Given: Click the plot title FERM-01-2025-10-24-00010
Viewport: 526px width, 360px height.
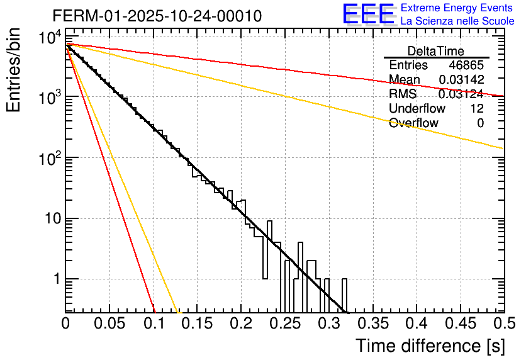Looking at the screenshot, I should pyautogui.click(x=157, y=16).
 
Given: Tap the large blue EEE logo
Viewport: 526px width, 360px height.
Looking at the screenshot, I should pyautogui.click(x=368, y=14).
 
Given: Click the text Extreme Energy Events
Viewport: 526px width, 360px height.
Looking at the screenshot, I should pyautogui.click(x=457, y=8).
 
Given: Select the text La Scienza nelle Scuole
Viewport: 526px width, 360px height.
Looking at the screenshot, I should pyautogui.click(x=457, y=21).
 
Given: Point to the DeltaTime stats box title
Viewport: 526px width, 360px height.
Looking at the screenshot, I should pyautogui.click(x=436, y=51).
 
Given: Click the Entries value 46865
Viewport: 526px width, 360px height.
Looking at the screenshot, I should pyautogui.click(x=466, y=65).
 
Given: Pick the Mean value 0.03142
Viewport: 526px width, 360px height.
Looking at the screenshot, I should pyautogui.click(x=461, y=80).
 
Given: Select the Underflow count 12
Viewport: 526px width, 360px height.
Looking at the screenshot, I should pyautogui.click(x=476, y=109).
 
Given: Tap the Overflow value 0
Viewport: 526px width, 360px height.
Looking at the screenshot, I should pyautogui.click(x=480, y=123).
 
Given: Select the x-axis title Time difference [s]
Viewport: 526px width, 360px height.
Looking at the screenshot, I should pyautogui.click(x=430, y=346).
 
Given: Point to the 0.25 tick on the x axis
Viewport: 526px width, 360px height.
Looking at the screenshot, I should pyautogui.click(x=285, y=324).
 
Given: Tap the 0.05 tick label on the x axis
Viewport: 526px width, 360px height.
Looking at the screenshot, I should pyautogui.click(x=109, y=324).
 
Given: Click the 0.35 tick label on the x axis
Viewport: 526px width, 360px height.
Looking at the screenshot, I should pyautogui.click(x=372, y=324).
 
